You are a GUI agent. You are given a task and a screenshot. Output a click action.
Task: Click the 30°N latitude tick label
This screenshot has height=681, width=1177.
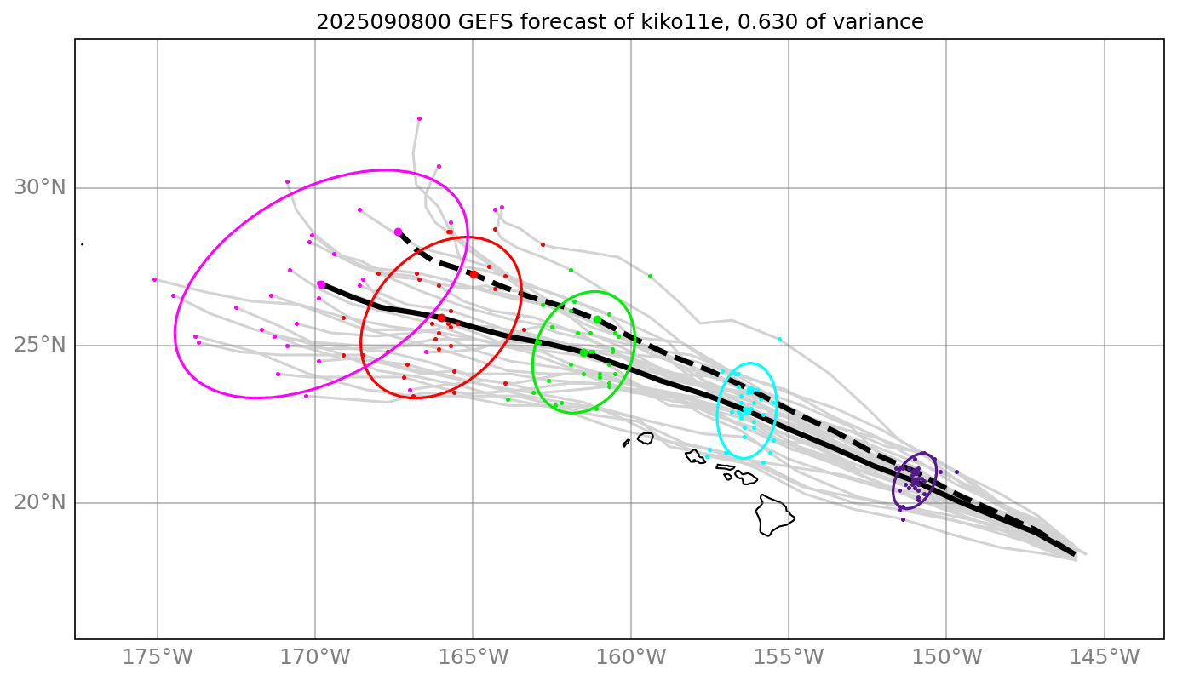click(39, 187)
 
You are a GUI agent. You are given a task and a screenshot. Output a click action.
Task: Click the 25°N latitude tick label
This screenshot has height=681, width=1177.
click(39, 345)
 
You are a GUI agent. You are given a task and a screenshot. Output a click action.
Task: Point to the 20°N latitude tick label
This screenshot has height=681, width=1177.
click(39, 502)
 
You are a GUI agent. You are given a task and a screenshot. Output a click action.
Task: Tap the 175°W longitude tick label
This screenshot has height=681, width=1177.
click(158, 657)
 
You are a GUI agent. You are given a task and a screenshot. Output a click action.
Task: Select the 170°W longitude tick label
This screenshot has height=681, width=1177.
click(315, 657)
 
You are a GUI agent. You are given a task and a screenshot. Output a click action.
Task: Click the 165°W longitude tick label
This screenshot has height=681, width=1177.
click(473, 657)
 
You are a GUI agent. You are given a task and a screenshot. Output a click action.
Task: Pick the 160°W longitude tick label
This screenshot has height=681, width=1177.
click(631, 657)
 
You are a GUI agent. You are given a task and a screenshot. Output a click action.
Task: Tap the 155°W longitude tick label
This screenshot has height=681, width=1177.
click(789, 657)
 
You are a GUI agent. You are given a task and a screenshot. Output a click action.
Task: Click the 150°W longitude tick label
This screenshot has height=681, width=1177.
click(946, 657)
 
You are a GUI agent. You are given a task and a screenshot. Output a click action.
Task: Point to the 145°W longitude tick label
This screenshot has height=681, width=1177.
click(1105, 657)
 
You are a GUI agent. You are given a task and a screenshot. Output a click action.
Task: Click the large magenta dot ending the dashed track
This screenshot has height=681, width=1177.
click(398, 232)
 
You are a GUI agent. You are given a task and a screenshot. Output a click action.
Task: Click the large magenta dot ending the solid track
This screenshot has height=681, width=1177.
click(321, 284)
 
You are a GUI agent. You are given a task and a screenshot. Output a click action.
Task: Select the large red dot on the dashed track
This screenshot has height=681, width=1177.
click(474, 274)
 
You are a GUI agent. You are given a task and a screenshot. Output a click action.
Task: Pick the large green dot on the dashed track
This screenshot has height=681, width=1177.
click(597, 319)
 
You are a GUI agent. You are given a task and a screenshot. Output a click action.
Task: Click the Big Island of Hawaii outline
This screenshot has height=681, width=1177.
click(773, 515)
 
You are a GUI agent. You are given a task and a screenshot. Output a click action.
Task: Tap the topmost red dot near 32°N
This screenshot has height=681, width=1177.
click(419, 119)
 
